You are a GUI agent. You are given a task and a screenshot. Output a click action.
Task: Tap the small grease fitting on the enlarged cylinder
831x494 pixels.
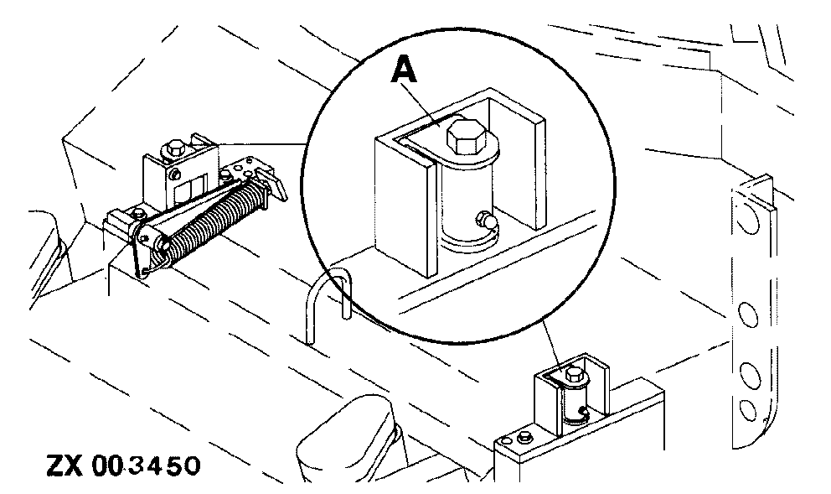484,222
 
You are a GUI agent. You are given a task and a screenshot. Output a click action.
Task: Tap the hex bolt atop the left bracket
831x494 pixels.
176,148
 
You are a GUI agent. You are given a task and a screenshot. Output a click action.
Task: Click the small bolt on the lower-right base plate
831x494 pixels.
523,437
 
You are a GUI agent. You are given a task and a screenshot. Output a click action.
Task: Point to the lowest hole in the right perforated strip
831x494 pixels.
745,410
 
